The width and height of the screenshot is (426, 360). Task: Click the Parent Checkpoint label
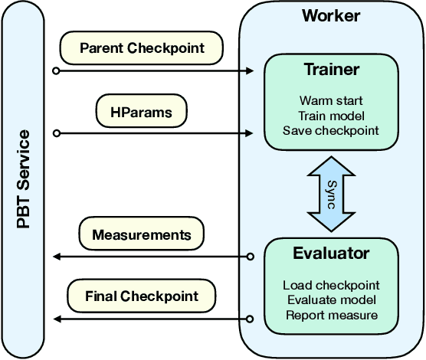point(142,48)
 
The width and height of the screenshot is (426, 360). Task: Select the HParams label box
point(142,111)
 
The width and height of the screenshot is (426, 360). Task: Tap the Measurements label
point(142,233)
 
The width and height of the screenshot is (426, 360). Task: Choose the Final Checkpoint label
point(142,296)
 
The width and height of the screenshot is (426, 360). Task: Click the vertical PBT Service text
point(24,180)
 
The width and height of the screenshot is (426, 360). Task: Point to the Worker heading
point(331,15)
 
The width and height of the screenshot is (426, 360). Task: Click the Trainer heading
point(331,70)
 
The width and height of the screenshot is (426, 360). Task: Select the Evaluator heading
point(331,253)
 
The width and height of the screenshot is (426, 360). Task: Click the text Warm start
point(331,100)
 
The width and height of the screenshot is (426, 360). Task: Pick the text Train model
point(331,115)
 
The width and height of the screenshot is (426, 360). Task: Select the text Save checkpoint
point(331,130)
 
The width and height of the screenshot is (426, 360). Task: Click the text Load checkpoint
point(331,286)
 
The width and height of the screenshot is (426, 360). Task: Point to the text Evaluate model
point(331,300)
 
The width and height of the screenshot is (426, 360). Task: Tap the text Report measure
point(331,315)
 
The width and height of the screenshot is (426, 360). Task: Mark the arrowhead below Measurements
point(54,257)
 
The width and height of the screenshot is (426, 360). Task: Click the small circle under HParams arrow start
point(55,134)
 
